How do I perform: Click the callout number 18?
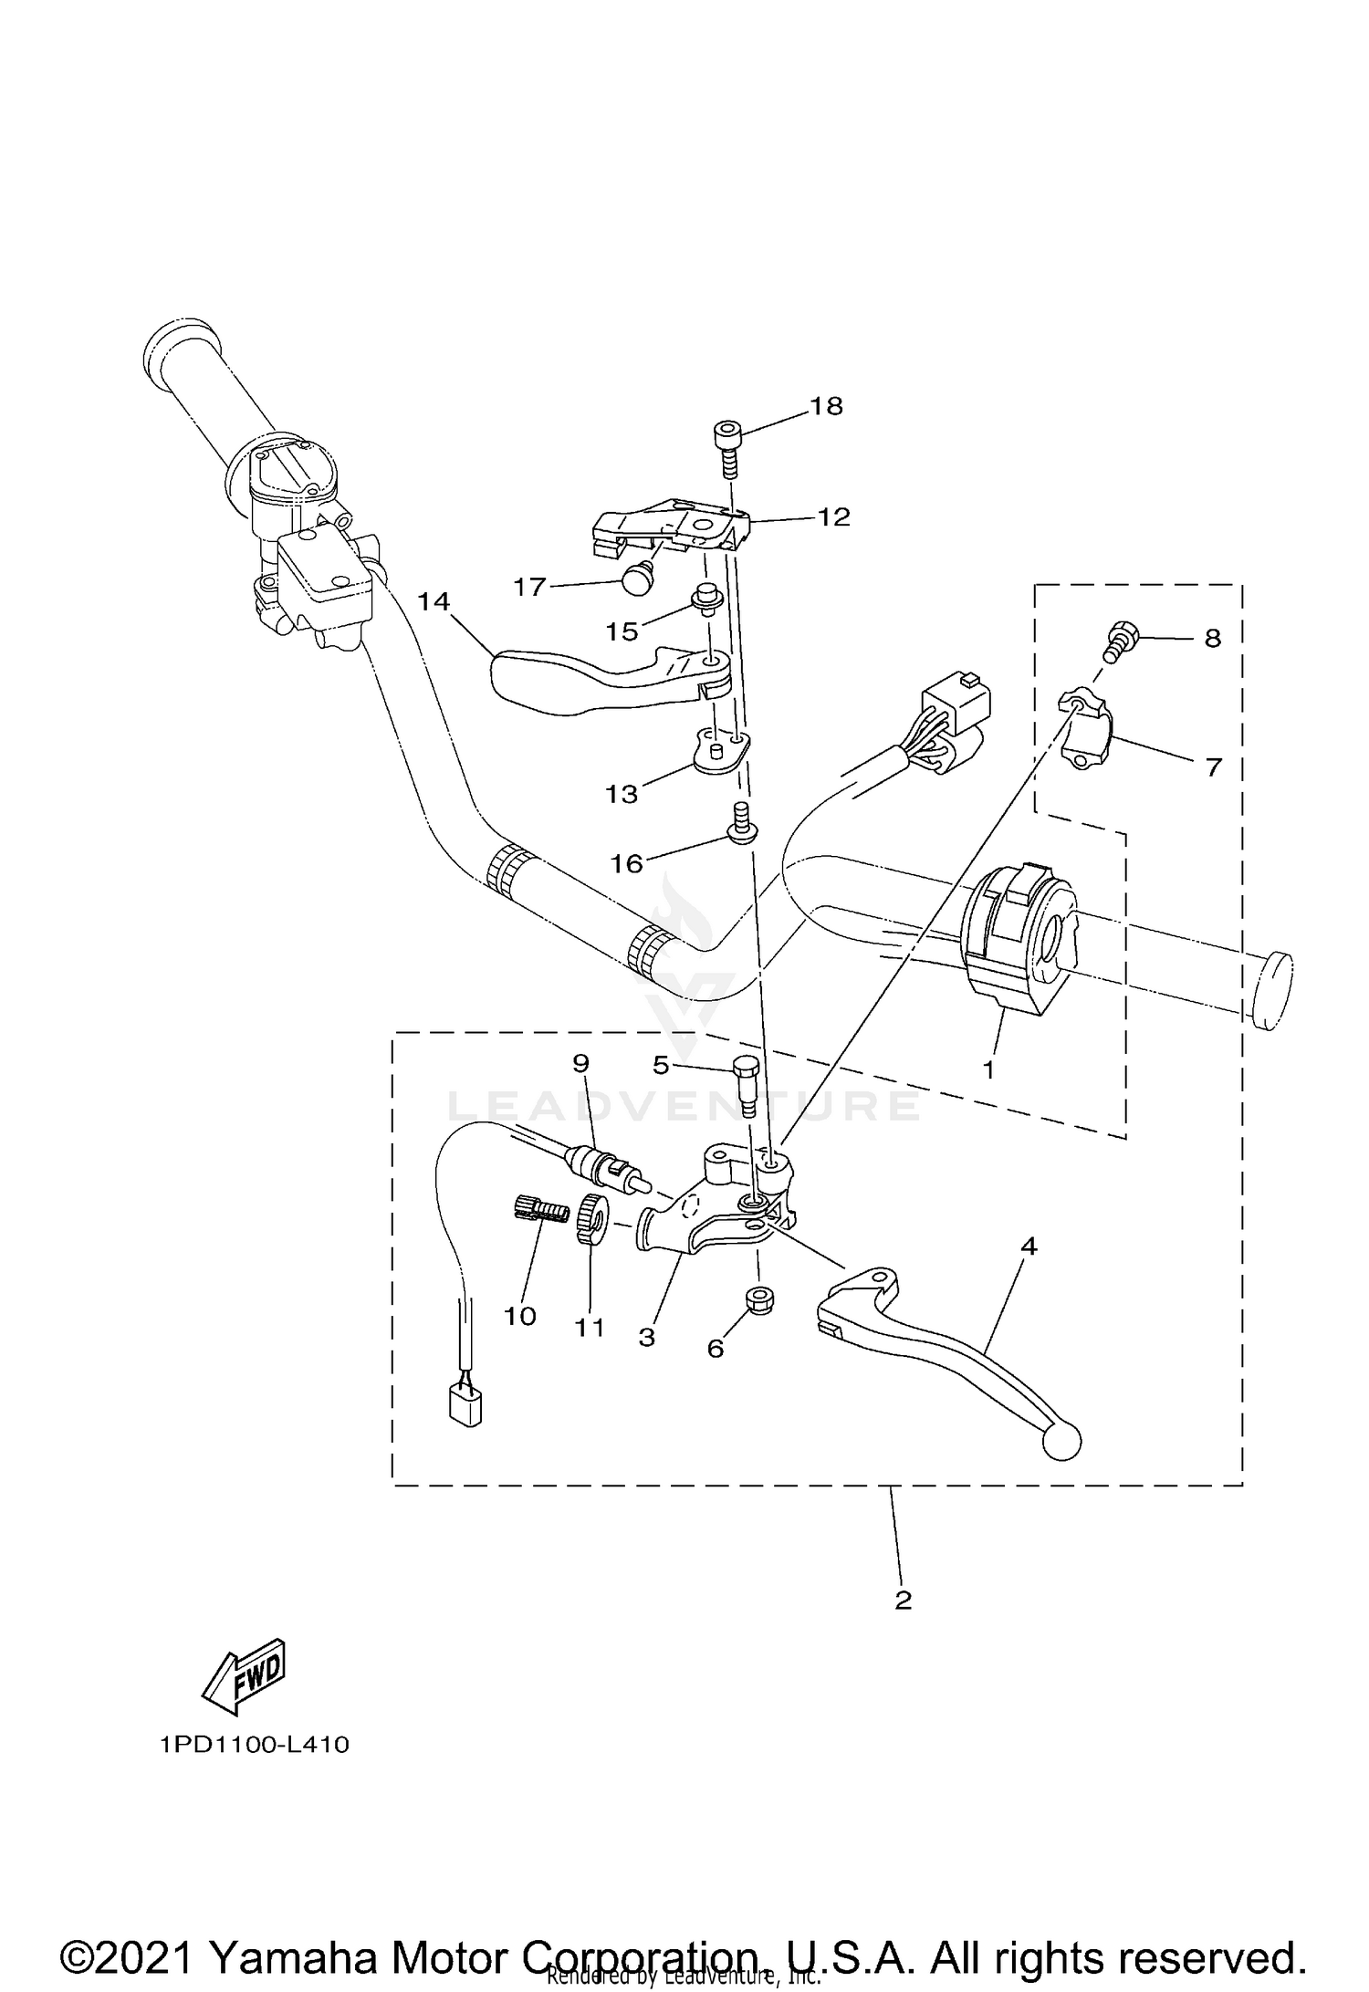[x=827, y=406]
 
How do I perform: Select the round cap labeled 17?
[x=635, y=578]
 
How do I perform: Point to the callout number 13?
[x=622, y=794]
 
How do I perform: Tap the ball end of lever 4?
[x=1062, y=1441]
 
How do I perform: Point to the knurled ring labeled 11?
[x=590, y=1221]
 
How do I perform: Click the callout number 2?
[x=903, y=1600]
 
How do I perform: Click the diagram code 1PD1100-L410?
[x=255, y=1745]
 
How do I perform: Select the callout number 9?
[x=581, y=1063]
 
